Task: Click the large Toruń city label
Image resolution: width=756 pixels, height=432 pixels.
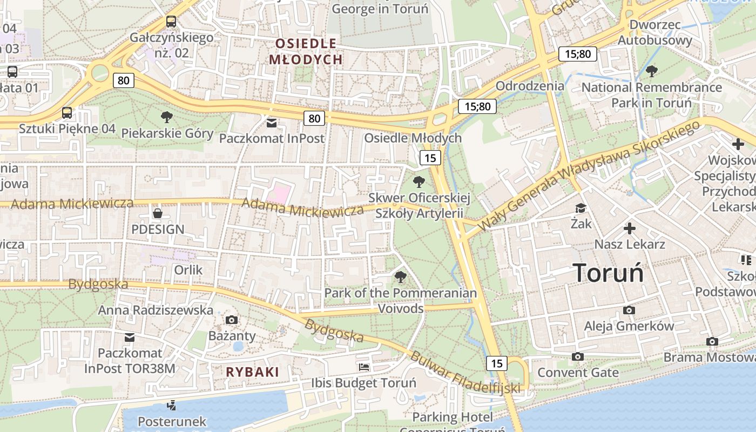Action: pos(608,273)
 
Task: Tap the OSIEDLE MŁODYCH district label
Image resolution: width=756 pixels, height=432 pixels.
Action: pos(306,51)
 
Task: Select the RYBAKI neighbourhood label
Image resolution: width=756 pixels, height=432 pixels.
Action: pos(252,372)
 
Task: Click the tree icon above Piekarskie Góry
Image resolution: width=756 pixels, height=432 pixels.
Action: pos(167,117)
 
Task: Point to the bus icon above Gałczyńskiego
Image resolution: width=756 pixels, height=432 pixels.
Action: pos(171,22)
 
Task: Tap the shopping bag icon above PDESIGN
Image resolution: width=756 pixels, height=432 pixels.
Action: pos(157,213)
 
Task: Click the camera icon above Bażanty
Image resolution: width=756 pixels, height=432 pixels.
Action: pos(232,320)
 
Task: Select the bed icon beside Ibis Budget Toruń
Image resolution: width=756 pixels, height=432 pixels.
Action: pos(364,367)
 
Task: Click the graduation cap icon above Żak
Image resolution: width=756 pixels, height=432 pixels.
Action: pos(581,208)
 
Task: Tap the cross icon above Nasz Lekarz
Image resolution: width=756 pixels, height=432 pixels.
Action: pos(629,228)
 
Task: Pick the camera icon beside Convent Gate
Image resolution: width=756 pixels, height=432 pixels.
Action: pos(578,357)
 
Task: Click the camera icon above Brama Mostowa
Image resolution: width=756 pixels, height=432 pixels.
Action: pos(712,342)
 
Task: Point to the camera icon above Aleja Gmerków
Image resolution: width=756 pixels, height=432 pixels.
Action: pos(629,310)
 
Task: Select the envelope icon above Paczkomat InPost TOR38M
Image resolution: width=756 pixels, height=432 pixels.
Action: pos(130,337)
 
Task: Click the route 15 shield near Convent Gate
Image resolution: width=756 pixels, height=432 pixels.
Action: pos(496,363)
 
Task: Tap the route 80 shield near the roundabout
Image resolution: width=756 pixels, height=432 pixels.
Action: pos(124,80)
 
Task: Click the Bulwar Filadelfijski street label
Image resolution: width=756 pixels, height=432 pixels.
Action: pos(464,373)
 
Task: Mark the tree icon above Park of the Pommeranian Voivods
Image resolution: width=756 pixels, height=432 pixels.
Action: pos(400,278)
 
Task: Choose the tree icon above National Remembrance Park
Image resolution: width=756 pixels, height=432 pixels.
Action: pos(652,71)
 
